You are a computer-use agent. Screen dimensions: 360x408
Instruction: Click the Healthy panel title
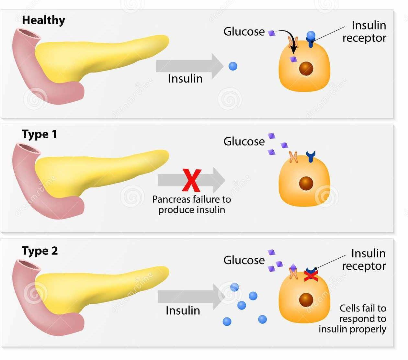pos(43,20)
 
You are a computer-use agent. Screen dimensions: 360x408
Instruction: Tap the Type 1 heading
pos(39,134)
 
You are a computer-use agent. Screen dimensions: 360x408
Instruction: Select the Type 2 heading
pos(40,251)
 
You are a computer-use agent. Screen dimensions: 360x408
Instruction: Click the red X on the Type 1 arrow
pos(192,181)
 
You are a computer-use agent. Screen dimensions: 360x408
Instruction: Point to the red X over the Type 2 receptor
pos(311,276)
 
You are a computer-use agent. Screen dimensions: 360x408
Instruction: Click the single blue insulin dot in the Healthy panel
pos(233,66)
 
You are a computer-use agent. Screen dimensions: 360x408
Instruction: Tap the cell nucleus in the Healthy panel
pos(306,69)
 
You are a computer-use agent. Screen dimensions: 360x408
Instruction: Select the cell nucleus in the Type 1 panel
pos(306,184)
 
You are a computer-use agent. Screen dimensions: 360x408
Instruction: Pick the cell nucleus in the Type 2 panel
pos(306,300)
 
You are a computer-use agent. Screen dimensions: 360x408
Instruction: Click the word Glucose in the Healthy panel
pos(244,32)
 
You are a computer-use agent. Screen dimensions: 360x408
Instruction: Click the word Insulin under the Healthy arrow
pos(185,79)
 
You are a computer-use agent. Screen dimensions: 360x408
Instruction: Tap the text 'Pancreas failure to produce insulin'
pos(192,204)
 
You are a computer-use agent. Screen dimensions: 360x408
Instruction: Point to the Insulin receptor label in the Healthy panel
pos(365,32)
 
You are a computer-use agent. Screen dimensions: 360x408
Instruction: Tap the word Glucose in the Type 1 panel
pos(244,141)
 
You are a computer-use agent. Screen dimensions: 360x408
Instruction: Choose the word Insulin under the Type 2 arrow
pos(183,310)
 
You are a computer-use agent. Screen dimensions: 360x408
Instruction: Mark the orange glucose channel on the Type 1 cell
pos(293,157)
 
